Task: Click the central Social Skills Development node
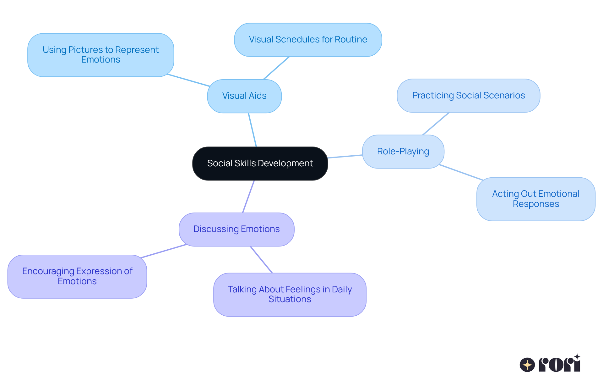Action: point(260,163)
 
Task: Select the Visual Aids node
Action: point(244,96)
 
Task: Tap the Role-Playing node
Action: point(403,152)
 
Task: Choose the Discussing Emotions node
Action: point(236,229)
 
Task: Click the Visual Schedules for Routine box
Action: point(308,40)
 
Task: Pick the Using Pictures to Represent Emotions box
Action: point(100,55)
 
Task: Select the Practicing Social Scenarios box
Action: point(468,96)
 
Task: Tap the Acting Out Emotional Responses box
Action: point(535,199)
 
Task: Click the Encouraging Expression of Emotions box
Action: point(77,276)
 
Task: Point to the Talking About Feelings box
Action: point(290,294)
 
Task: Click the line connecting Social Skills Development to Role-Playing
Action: point(345,156)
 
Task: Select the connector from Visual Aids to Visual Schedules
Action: point(276,68)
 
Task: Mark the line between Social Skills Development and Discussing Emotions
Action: point(248,197)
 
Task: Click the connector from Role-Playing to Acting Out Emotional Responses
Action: point(461,172)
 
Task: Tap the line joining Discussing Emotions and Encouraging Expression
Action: point(163,251)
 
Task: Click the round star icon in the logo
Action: point(527,365)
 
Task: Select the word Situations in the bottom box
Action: point(290,299)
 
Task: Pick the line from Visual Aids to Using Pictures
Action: point(188,80)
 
